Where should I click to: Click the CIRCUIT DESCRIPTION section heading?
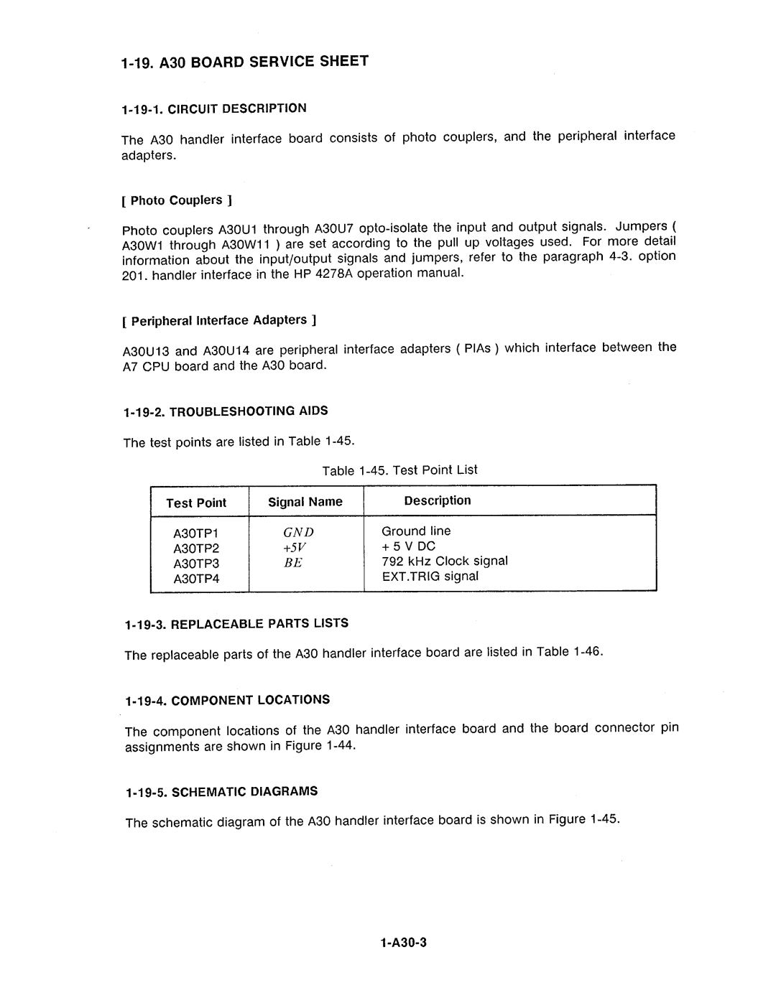(x=214, y=109)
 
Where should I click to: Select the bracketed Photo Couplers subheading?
(x=177, y=200)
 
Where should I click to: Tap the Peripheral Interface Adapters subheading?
(x=220, y=320)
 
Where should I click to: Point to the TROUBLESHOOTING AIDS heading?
(x=225, y=411)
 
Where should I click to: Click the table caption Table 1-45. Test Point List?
(x=399, y=470)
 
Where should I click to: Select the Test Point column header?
(x=196, y=503)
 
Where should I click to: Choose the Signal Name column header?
(x=305, y=502)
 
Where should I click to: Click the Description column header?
(x=438, y=500)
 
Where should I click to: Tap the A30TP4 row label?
(x=195, y=579)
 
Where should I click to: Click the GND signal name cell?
(x=298, y=533)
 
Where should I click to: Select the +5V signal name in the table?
(x=295, y=548)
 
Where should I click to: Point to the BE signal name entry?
(x=293, y=563)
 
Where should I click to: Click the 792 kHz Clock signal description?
(x=445, y=561)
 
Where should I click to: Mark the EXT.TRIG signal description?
(x=430, y=577)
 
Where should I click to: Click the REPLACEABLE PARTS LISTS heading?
(x=236, y=624)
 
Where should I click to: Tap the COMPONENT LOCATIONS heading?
(x=226, y=700)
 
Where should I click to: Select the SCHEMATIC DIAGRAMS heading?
(x=221, y=792)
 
